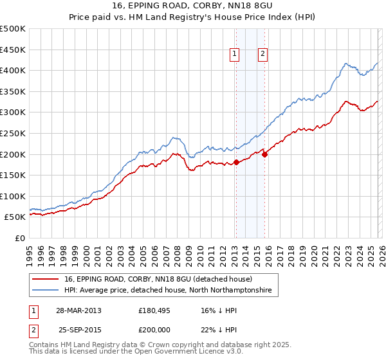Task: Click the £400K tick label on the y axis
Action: tap(13, 70)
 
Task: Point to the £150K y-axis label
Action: tap(13, 175)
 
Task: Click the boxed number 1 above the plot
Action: tap(235, 55)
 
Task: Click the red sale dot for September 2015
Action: tap(264, 154)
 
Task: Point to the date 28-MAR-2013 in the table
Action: tap(78, 310)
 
